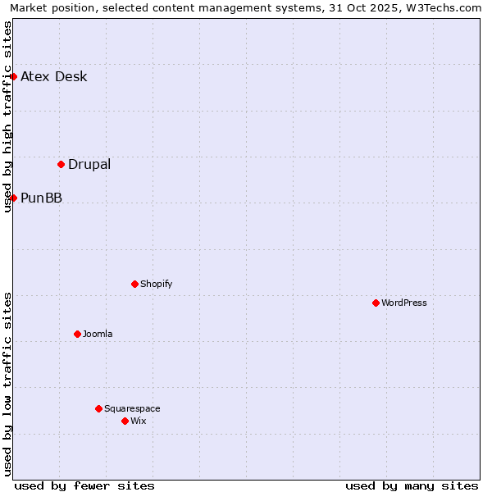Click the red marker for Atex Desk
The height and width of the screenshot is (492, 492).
coord(13,76)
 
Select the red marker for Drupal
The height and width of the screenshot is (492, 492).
coord(61,164)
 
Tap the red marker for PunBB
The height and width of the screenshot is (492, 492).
coord(13,198)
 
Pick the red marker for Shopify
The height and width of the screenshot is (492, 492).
coord(134,284)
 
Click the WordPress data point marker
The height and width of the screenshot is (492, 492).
coord(376,303)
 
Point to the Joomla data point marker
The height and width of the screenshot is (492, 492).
coord(77,334)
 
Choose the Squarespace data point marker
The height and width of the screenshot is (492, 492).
coord(98,408)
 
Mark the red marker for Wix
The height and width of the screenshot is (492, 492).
coord(125,421)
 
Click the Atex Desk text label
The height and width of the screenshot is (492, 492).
coord(53,77)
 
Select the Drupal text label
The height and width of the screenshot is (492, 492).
coord(89,164)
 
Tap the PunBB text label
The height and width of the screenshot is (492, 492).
coord(41,198)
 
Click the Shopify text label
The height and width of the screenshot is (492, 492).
coord(156,284)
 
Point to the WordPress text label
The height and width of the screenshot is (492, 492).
coord(403,303)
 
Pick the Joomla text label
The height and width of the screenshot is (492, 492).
coord(98,334)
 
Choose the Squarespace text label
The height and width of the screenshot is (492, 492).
coord(132,408)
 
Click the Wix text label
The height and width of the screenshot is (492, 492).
coord(138,421)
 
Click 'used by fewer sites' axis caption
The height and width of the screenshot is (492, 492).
coord(84,485)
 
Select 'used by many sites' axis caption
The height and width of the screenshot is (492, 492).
coord(412,485)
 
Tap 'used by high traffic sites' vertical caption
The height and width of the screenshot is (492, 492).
coord(8,116)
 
